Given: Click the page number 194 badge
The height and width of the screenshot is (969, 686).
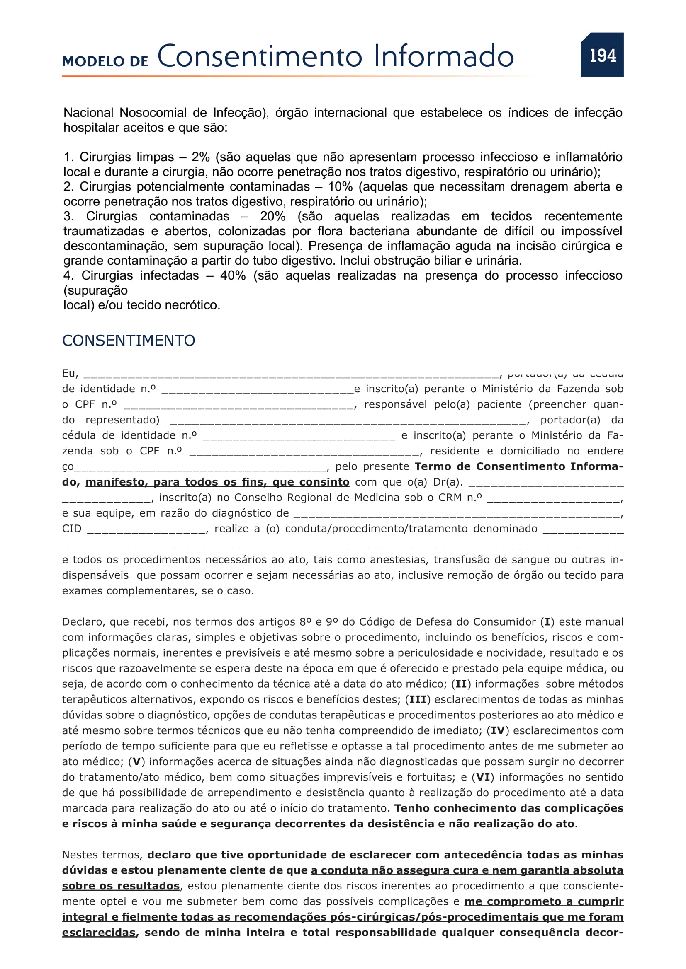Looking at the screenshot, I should [x=602, y=55].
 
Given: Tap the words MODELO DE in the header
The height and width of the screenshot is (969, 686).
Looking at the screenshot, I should [x=105, y=61].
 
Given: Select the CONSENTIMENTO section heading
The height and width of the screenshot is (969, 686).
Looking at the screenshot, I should [x=129, y=341].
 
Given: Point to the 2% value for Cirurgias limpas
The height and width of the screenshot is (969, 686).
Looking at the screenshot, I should [x=200, y=157].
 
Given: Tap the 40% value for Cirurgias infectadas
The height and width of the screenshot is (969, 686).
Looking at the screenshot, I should [x=232, y=275].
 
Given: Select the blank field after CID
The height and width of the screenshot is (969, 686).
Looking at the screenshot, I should [x=146, y=529].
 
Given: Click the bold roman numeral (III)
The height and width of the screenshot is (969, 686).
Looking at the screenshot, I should [x=418, y=700].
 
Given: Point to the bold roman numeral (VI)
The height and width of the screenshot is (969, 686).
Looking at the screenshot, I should [x=483, y=777].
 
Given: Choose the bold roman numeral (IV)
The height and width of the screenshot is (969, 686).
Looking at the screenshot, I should [x=498, y=730].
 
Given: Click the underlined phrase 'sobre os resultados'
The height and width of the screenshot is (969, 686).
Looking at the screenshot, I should [x=121, y=886].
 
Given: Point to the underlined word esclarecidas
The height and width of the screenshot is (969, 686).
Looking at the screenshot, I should [x=99, y=932].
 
